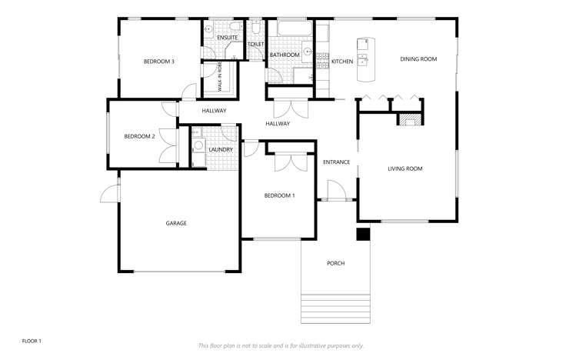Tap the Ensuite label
tap(227, 37)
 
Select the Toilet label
tap(256, 45)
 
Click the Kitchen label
tap(342, 62)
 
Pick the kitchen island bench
tap(365, 60)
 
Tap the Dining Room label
tap(418, 59)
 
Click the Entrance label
tap(336, 162)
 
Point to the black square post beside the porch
tap(363, 235)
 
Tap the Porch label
tap(335, 264)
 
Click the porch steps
tap(335, 308)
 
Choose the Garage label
tap(176, 223)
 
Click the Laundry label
tap(220, 149)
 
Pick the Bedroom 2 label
tap(140, 136)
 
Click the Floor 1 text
tap(32, 340)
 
